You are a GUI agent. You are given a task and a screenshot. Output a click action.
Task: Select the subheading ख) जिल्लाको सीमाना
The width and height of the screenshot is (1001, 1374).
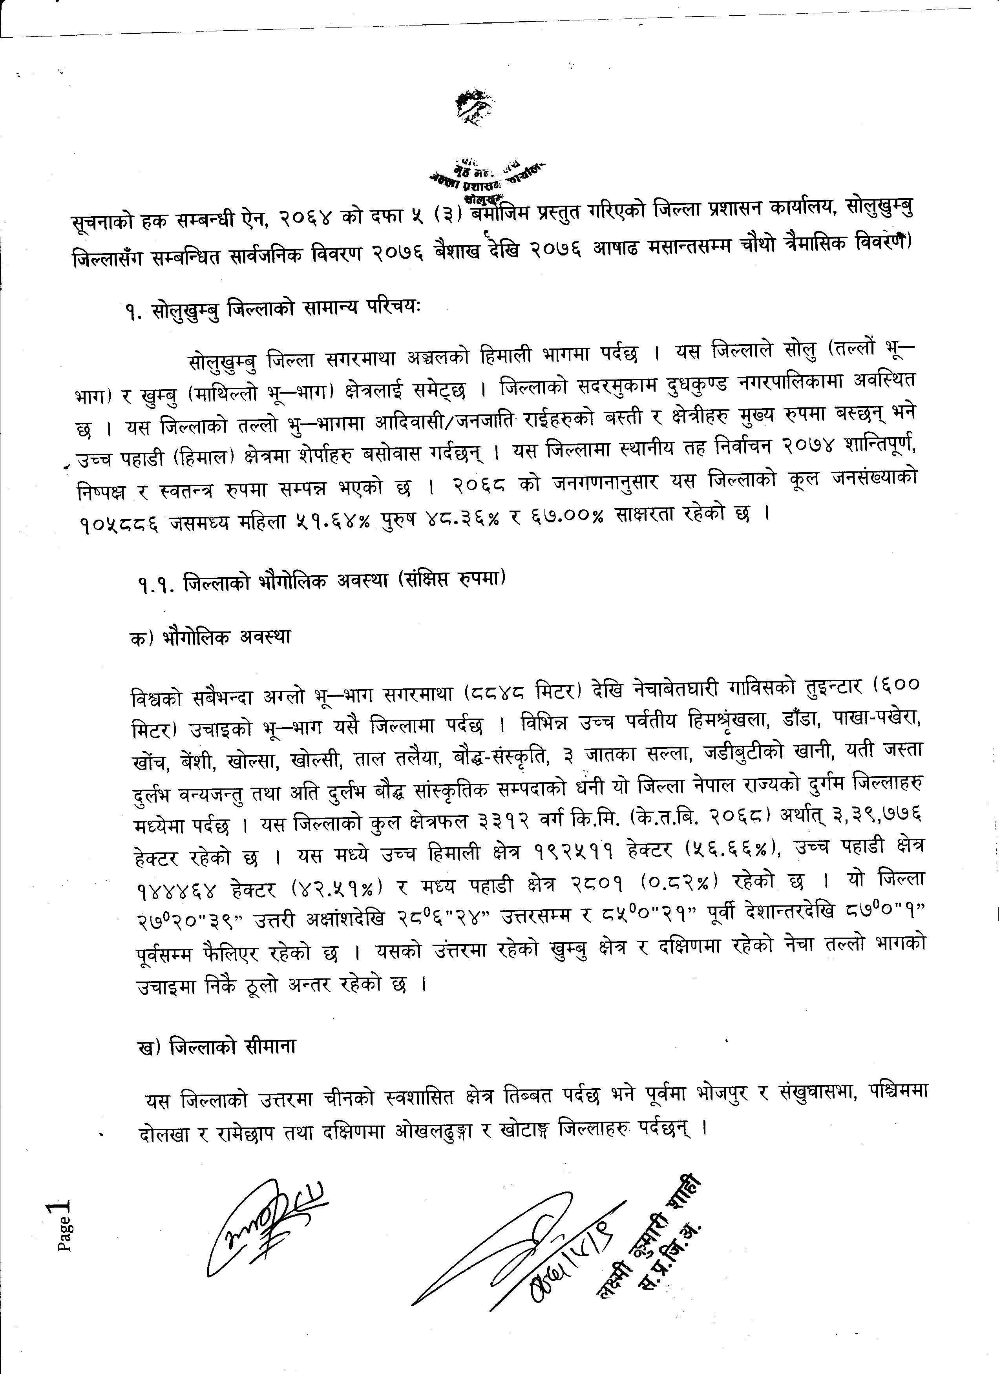[216, 1046]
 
